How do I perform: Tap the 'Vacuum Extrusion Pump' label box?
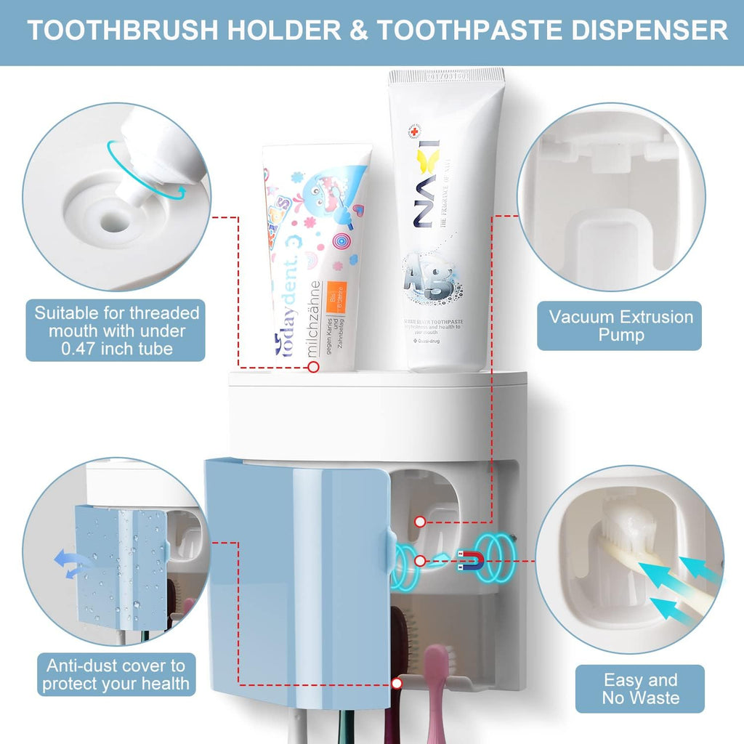620,325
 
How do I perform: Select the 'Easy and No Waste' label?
640,689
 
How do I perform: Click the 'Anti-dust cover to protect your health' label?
116,674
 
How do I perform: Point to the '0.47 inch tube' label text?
116,349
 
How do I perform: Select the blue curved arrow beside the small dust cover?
69,564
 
